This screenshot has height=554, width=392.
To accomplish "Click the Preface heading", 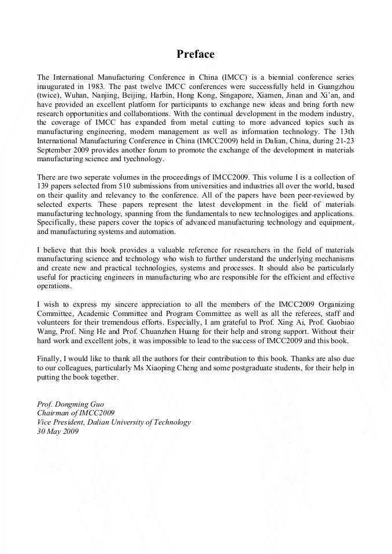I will pyautogui.click(x=195, y=54).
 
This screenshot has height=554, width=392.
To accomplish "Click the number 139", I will pyautogui.click(x=43, y=186).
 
